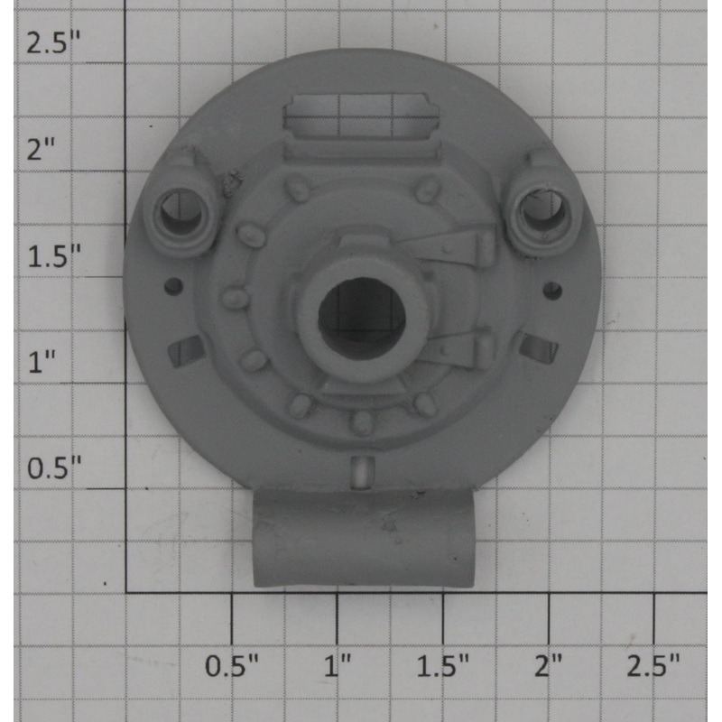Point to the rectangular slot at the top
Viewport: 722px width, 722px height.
pos(361,117)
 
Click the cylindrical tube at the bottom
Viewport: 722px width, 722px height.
pos(364,540)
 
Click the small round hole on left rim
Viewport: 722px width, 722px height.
pos(174,288)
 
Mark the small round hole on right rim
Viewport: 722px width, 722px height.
pos(553,290)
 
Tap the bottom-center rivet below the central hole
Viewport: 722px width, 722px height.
pos(361,421)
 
